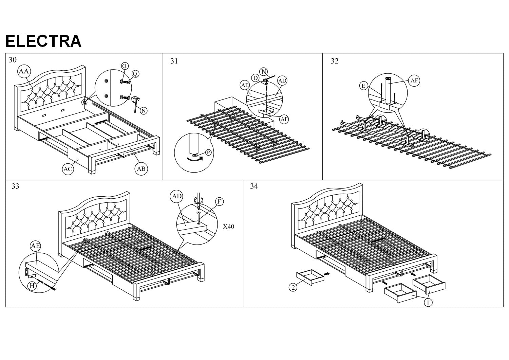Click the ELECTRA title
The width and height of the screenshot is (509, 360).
[43, 41]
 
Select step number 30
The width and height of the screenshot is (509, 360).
[13, 60]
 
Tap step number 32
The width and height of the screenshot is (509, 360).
[335, 61]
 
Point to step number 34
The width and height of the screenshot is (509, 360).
[254, 186]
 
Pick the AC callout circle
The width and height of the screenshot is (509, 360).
[68, 169]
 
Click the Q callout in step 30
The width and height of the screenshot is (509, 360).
[135, 74]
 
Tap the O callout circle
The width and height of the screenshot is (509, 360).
[125, 66]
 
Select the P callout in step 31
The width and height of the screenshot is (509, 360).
[208, 152]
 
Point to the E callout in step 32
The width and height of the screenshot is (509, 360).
[363, 86]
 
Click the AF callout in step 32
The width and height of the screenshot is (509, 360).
[414, 80]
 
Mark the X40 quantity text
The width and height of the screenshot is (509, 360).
[228, 227]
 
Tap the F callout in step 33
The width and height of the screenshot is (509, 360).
[219, 202]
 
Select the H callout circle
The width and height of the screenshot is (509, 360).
[32, 286]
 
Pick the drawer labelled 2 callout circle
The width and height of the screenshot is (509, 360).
[293, 287]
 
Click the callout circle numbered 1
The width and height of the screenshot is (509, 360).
[429, 302]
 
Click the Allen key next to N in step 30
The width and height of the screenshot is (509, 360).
[136, 103]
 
